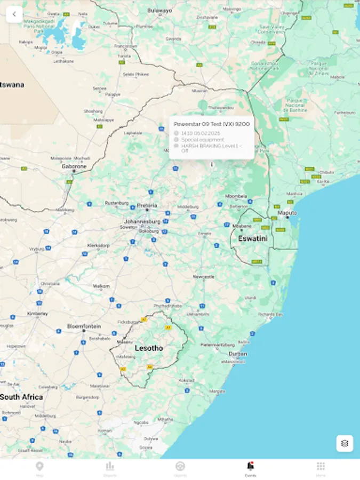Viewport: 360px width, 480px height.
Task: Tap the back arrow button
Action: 14,14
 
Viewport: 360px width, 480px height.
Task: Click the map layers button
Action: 345,443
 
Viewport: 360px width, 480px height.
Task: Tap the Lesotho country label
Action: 149,348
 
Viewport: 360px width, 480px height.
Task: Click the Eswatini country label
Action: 252,238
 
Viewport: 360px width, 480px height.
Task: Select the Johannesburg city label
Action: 142,221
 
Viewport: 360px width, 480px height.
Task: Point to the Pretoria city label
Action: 147,205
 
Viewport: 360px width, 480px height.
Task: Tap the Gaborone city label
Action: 74,166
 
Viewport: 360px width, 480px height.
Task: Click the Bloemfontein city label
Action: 84,326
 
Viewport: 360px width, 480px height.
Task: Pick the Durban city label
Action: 238,354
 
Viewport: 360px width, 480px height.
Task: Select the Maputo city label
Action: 287,213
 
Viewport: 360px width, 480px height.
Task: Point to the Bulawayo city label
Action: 159,10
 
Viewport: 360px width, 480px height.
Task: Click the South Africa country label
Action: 21,397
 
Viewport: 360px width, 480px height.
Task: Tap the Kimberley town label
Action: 37,314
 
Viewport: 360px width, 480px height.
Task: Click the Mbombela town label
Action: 236,196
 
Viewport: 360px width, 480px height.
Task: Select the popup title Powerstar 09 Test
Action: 212,124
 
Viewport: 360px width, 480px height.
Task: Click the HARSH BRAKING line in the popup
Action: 211,148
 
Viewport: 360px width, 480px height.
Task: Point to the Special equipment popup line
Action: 203,139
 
